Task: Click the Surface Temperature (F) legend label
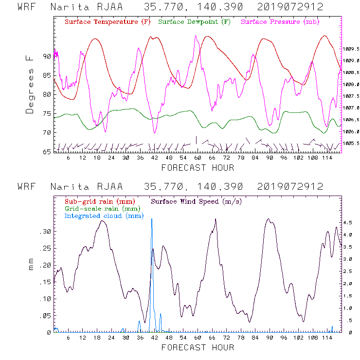(x=108, y=22)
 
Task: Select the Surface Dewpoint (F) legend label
(x=194, y=22)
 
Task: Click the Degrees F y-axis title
(x=30, y=84)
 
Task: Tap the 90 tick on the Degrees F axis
(x=47, y=56)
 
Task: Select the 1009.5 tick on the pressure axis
(x=351, y=49)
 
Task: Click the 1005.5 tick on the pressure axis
(x=351, y=144)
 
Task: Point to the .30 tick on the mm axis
(x=45, y=232)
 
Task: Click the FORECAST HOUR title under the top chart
(x=198, y=168)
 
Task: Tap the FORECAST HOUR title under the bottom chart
(x=198, y=347)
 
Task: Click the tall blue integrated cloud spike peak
(x=152, y=219)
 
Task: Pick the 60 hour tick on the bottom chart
(x=198, y=338)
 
